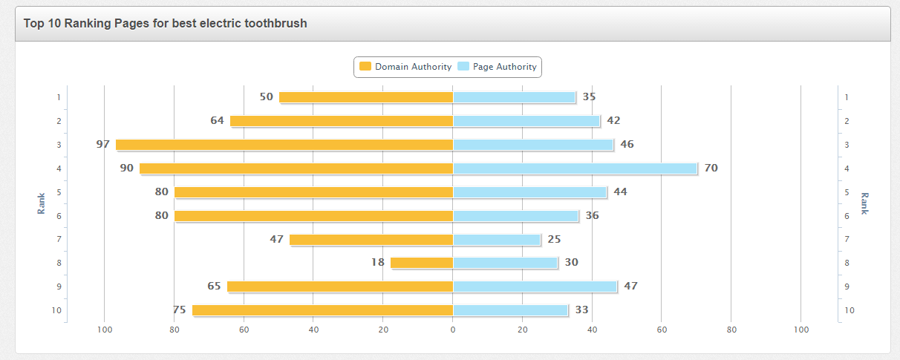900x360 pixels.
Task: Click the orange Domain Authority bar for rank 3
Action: (x=284, y=145)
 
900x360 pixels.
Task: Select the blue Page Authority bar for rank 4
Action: (x=575, y=168)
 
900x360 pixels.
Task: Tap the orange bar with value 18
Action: (x=422, y=263)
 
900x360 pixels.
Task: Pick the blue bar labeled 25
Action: (x=497, y=239)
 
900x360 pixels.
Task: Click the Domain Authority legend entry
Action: (x=405, y=67)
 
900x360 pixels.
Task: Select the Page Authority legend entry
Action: (x=497, y=67)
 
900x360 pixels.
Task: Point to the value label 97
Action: (x=102, y=144)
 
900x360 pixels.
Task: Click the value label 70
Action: (x=711, y=168)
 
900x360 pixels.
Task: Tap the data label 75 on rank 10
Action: (x=179, y=310)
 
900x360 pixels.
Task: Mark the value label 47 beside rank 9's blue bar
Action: (x=630, y=286)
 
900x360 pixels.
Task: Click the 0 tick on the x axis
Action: (x=453, y=330)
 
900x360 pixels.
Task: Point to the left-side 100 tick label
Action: (x=105, y=330)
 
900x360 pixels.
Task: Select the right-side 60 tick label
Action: (x=662, y=330)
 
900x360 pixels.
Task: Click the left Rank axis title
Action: (x=42, y=203)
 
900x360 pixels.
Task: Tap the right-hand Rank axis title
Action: (x=864, y=203)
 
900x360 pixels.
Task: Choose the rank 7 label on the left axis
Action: (x=59, y=239)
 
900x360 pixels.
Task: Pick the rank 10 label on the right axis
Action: (x=850, y=310)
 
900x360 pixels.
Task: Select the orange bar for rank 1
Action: (x=366, y=97)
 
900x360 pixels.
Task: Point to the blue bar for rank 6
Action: (x=515, y=216)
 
